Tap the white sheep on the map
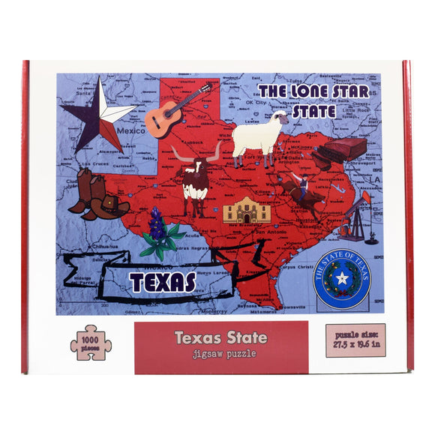coord(259,137)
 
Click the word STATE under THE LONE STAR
coord(313,111)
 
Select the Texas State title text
coord(220,337)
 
